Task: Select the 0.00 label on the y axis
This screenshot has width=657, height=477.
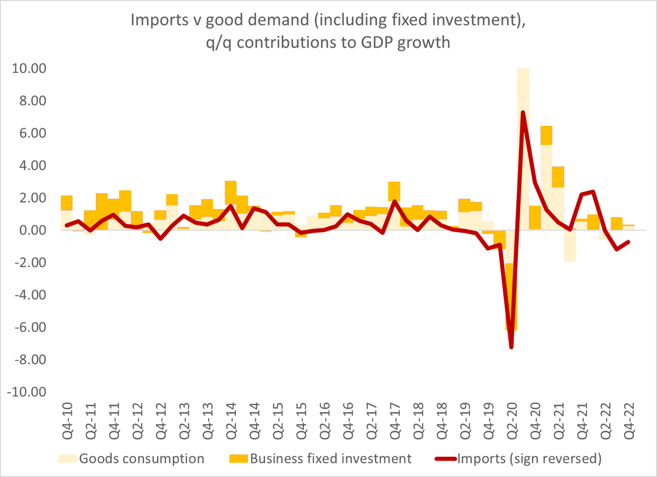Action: point(31,231)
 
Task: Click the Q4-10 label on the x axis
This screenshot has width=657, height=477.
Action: point(67,421)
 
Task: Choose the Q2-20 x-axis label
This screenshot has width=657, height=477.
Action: point(511,421)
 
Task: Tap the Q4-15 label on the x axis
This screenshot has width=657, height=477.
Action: point(301,421)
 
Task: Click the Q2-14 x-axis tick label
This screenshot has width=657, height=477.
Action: point(230,421)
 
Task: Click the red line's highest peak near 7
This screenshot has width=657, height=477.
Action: point(523,113)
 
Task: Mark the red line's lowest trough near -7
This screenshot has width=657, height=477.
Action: point(511,347)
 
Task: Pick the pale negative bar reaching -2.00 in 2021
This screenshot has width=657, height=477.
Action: point(570,246)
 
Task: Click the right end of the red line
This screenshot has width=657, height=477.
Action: point(628,242)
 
